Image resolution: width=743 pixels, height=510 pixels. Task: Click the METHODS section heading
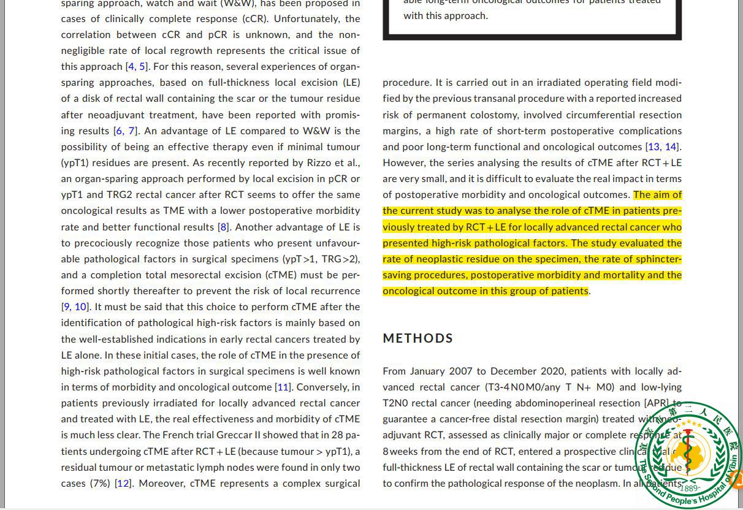pos(417,338)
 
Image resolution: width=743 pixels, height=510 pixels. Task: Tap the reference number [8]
pos(223,227)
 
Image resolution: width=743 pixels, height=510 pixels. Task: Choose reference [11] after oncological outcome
pos(283,387)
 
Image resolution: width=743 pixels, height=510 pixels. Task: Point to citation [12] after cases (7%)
pos(123,483)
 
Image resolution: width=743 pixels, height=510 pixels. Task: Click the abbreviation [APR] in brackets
pos(657,403)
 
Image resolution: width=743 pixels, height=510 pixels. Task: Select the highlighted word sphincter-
pos(658,259)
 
